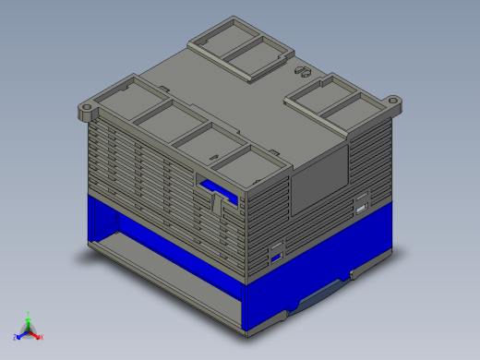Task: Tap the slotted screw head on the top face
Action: (x=300, y=70)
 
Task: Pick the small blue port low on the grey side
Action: (x=275, y=254)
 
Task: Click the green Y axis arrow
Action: (x=29, y=322)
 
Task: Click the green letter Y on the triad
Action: (x=29, y=314)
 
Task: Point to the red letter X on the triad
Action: (x=42, y=337)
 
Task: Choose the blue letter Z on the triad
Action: (x=15, y=337)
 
